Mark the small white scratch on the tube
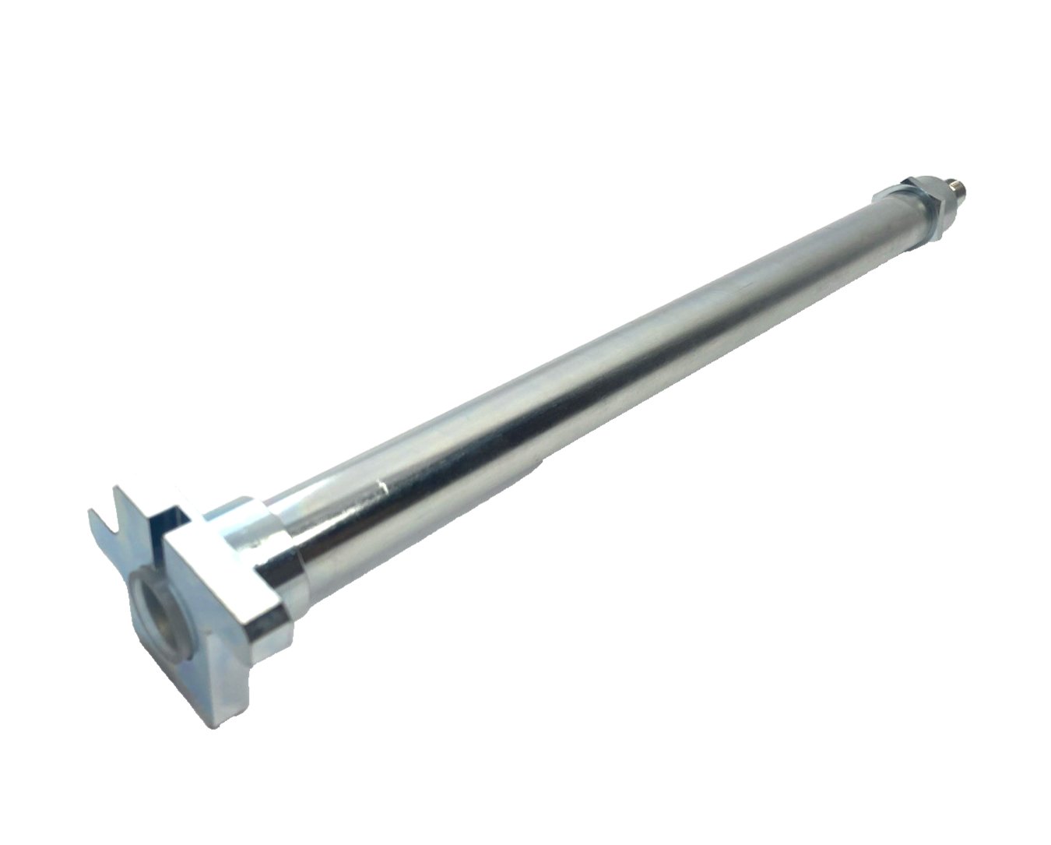pyautogui.click(x=381, y=489)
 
